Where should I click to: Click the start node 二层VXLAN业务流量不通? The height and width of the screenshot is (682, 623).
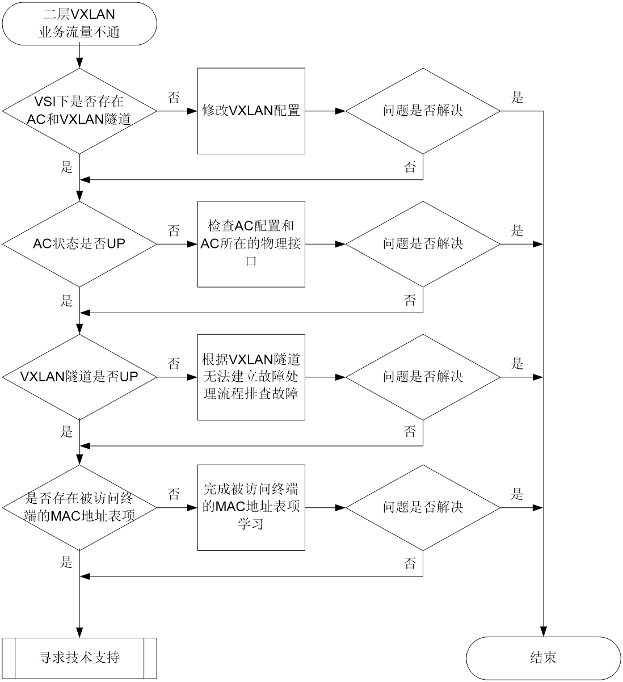tap(79, 24)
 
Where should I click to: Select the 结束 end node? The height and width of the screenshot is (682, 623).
tap(543, 658)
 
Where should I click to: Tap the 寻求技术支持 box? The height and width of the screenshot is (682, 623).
tap(79, 658)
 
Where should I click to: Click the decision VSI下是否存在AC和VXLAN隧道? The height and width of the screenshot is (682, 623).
tap(79, 111)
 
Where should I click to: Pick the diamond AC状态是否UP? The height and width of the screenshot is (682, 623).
tap(79, 244)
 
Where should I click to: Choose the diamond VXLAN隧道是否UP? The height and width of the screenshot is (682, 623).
tap(79, 377)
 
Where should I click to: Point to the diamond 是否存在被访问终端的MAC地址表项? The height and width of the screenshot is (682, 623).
tap(79, 508)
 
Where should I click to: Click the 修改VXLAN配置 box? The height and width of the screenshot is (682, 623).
tap(251, 111)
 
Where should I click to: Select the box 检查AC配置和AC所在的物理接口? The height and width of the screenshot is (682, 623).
tap(251, 244)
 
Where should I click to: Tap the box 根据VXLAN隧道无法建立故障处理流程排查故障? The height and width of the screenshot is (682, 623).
tap(251, 377)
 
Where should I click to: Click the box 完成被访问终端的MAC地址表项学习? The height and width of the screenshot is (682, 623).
tap(251, 508)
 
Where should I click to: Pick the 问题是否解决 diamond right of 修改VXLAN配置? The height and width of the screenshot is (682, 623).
tap(423, 111)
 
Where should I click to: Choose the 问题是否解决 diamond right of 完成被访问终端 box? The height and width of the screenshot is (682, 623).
tap(423, 508)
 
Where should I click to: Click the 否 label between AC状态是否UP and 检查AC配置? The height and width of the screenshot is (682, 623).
tap(174, 231)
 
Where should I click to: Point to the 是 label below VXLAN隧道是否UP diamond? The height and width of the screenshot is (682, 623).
tap(66, 431)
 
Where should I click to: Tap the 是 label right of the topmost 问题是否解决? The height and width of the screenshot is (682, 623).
tap(517, 98)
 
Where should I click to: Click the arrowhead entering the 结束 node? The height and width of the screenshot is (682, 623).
tap(543, 632)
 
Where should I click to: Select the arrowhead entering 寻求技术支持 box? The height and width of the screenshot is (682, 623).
tap(79, 633)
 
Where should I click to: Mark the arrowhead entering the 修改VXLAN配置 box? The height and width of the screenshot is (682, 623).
tap(192, 111)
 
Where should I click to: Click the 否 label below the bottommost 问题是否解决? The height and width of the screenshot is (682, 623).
tap(410, 563)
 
